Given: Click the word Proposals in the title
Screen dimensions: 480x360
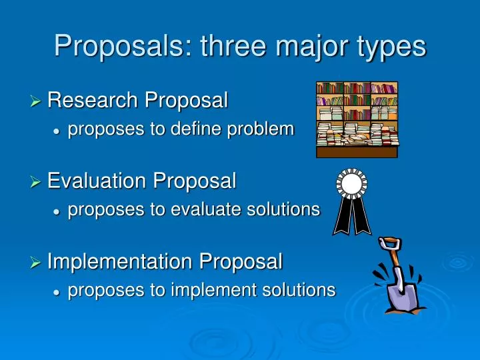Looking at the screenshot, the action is pos(123,47).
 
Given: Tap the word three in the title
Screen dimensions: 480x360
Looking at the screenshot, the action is pos(233,45).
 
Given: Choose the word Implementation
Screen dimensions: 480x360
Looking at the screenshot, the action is pos(119,261).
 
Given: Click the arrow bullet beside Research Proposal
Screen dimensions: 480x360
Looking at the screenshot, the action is pos(35,101).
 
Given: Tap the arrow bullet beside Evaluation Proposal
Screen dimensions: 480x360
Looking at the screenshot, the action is pos(35,182).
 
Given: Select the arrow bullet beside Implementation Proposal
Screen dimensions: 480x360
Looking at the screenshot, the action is pos(35,263).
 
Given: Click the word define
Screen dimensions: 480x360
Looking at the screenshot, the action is pos(196,128).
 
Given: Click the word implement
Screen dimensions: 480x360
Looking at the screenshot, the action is pos(214,290).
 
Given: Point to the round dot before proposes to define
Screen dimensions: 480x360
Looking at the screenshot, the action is pos(56,131).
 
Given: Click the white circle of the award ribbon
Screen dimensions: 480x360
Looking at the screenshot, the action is pos(352,183).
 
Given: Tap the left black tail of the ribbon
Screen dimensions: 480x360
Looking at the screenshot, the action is pos(343,216).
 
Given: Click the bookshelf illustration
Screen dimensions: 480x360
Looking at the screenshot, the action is pos(357,120).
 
